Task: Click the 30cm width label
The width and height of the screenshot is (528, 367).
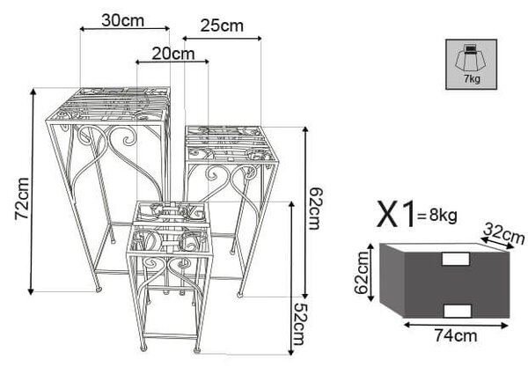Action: click(x=122, y=20)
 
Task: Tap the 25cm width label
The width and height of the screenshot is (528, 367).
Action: click(x=222, y=26)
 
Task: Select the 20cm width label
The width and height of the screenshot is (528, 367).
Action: click(x=173, y=54)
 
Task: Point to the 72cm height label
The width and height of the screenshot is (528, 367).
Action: click(x=22, y=199)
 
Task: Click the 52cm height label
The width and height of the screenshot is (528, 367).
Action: click(x=299, y=324)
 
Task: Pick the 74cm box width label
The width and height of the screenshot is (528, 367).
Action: click(x=456, y=335)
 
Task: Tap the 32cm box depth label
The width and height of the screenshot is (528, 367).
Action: click(x=503, y=233)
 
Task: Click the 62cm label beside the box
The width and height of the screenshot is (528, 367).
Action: click(x=362, y=273)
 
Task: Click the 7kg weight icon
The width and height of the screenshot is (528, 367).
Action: click(x=471, y=64)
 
